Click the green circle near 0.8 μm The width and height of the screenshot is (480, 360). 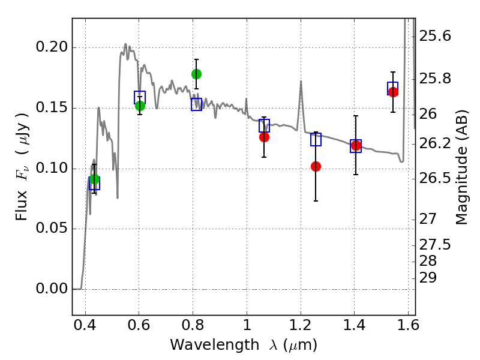[x=196, y=74]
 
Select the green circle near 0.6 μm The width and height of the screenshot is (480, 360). [x=140, y=106]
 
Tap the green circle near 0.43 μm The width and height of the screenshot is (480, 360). [x=95, y=179]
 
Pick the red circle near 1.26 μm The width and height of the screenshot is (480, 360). [x=316, y=167]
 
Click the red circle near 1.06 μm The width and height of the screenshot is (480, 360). [x=264, y=137]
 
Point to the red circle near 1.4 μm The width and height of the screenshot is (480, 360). [x=356, y=145]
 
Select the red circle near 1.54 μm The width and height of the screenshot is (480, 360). [x=393, y=92]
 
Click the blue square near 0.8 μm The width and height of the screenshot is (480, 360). [x=197, y=104]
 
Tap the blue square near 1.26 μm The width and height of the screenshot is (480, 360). [x=316, y=140]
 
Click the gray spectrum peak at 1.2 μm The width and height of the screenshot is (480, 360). [x=301, y=81]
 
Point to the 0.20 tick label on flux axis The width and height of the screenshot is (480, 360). [x=52, y=47]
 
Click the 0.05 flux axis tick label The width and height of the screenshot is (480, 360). [x=52, y=228]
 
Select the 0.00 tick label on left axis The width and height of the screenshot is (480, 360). [x=52, y=289]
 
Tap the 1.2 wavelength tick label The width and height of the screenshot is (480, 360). [x=301, y=325]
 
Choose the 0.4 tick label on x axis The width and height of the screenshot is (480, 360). [x=85, y=325]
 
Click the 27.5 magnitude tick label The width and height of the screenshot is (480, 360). [x=435, y=245]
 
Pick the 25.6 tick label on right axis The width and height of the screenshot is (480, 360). [x=435, y=36]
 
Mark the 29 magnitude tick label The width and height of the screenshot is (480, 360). [x=428, y=278]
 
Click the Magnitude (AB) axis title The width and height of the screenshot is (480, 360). [x=461, y=167]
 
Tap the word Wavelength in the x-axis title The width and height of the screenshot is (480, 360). [x=215, y=345]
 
